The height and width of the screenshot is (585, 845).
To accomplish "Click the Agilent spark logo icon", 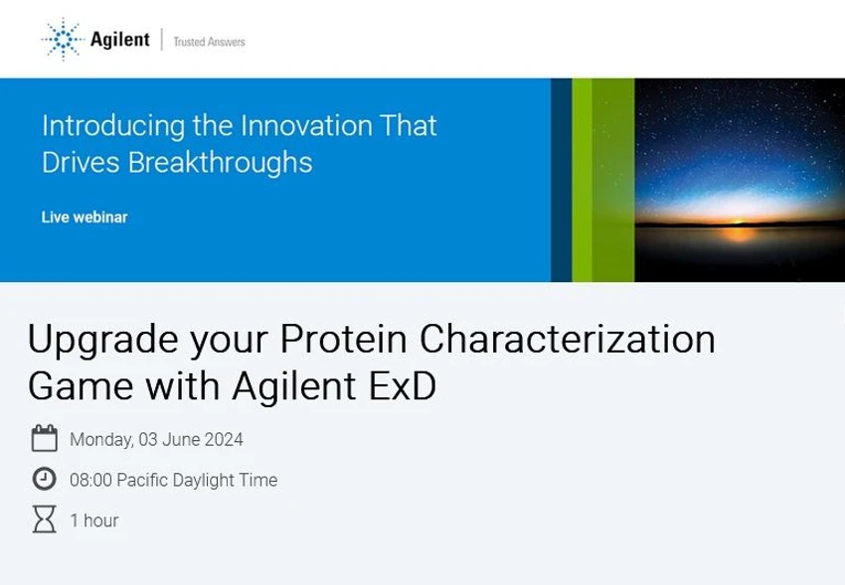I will (x=63, y=39).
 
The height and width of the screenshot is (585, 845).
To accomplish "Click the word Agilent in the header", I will (x=119, y=40).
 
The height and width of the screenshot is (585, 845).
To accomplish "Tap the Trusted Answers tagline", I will (x=209, y=42).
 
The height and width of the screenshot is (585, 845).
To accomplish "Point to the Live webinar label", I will (x=84, y=217).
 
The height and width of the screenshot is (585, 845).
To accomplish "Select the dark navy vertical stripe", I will (x=561, y=180).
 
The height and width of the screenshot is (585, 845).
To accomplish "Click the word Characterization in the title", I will (x=567, y=340).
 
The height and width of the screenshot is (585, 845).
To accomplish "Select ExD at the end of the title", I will (x=403, y=385).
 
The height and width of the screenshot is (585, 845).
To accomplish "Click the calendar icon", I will (x=44, y=438).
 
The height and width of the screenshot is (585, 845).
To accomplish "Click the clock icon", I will (x=44, y=480).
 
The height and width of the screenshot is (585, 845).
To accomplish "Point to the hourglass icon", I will (x=44, y=519).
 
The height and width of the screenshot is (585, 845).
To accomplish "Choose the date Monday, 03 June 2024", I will (x=156, y=439).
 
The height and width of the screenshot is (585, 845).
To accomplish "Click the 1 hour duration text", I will (x=94, y=520).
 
